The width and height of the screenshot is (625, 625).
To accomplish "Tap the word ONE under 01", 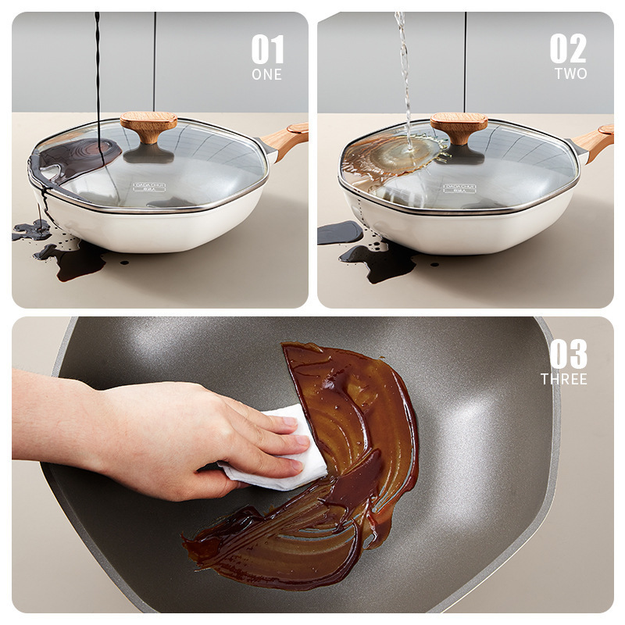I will (266, 75).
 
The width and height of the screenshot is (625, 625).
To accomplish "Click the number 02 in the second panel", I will (568, 49).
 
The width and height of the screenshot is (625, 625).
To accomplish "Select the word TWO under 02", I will (570, 73).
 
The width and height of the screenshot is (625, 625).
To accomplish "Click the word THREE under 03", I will (564, 379).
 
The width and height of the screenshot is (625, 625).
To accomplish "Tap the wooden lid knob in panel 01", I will (148, 125).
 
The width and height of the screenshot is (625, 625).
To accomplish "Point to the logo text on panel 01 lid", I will (148, 187).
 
